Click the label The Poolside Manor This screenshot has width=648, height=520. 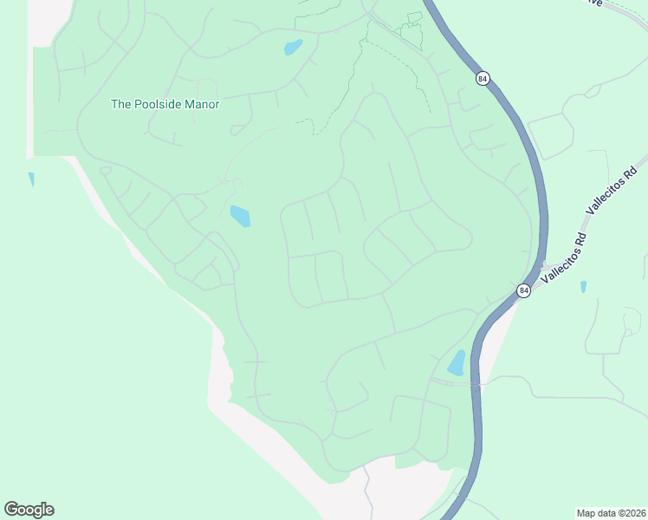click(x=165, y=104)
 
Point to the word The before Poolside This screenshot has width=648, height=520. click(x=121, y=104)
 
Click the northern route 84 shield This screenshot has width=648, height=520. click(x=482, y=78)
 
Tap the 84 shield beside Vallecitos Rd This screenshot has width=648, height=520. click(x=523, y=290)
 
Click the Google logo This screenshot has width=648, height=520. click(x=29, y=510)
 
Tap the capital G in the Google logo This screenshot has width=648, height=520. click(x=11, y=510)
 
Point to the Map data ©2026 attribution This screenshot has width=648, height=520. click(x=610, y=512)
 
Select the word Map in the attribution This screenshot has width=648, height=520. click(x=586, y=512)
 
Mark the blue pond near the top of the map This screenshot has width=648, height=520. click(x=293, y=47)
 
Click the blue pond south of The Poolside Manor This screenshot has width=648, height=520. click(x=240, y=215)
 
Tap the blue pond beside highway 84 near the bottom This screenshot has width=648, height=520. click(x=456, y=362)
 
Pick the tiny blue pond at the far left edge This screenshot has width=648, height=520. click(x=31, y=179)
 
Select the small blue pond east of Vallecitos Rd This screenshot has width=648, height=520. click(x=583, y=286)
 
